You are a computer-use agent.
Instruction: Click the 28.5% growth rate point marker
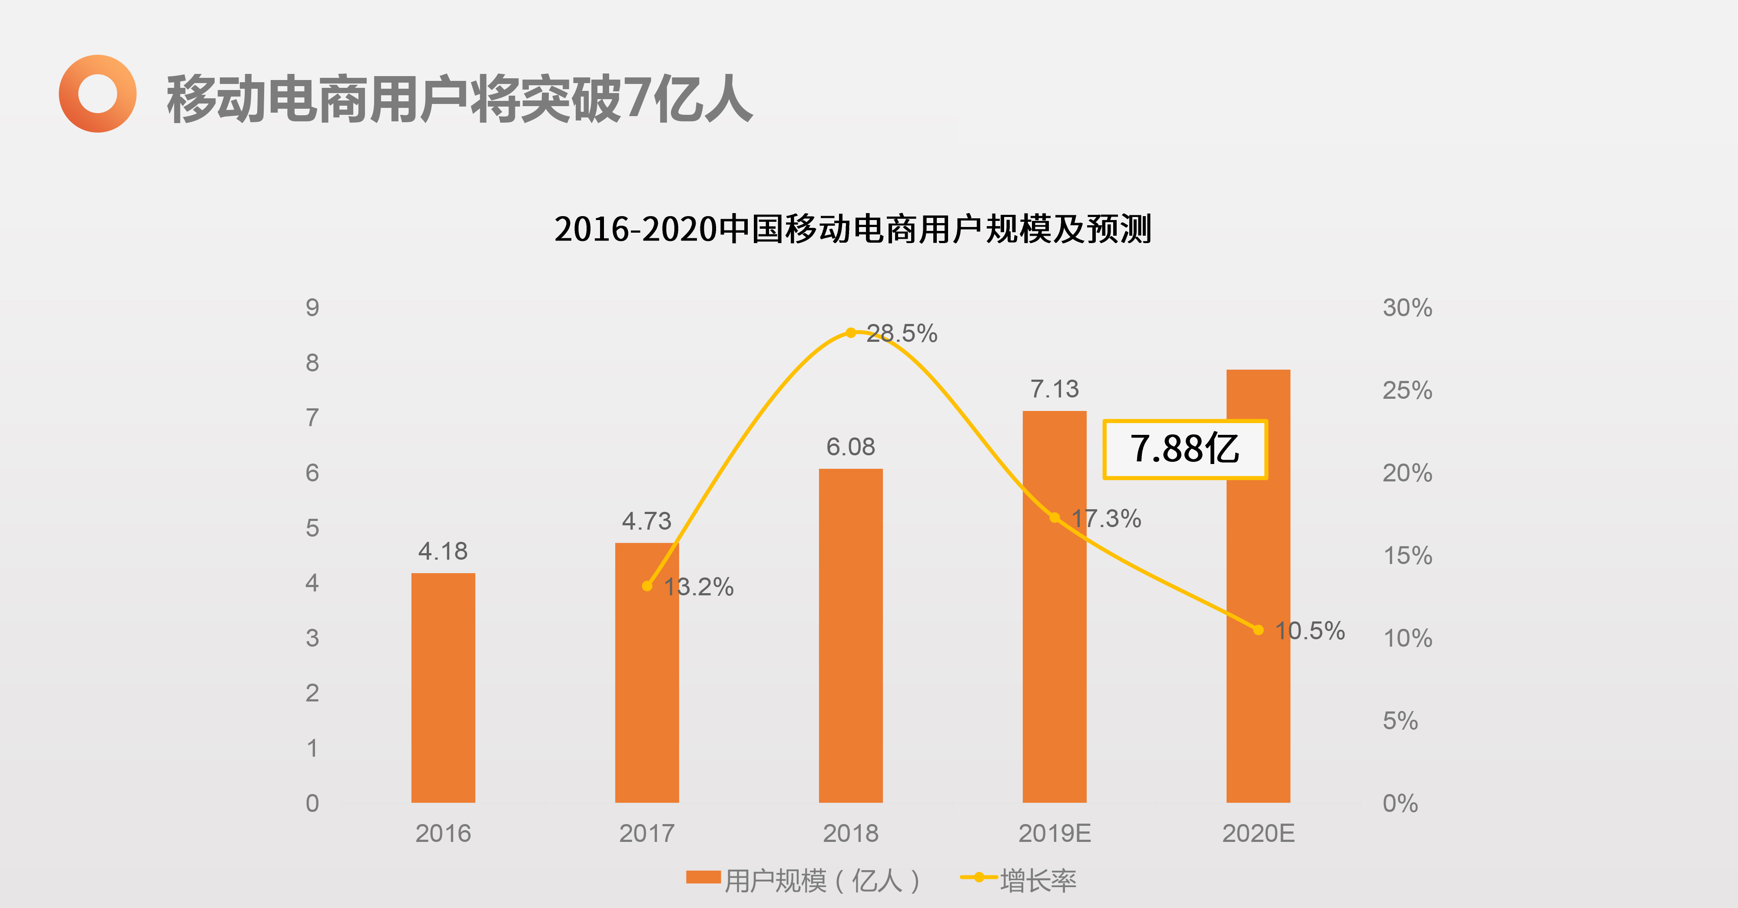pyautogui.click(x=851, y=333)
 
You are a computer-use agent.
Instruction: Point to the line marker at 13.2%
pyautogui.click(x=647, y=586)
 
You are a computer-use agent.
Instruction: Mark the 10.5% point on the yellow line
pyautogui.click(x=1258, y=630)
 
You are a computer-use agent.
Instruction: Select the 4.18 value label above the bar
pyautogui.click(x=443, y=551)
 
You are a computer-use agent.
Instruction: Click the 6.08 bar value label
pyautogui.click(x=851, y=447)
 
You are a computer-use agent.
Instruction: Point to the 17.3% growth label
pyautogui.click(x=1107, y=518)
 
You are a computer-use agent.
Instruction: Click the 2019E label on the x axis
pyautogui.click(x=1055, y=834)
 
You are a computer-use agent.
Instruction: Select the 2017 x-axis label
pyautogui.click(x=647, y=834)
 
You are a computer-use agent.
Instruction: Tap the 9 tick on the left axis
pyautogui.click(x=312, y=308)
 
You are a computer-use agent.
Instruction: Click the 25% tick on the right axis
pyautogui.click(x=1407, y=390)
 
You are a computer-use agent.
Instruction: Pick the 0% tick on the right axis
pyautogui.click(x=1401, y=803)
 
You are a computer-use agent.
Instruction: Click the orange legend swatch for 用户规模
pyautogui.click(x=703, y=877)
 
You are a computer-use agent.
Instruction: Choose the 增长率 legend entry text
pyautogui.click(x=1038, y=880)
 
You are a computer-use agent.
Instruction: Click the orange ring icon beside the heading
pyautogui.click(x=98, y=94)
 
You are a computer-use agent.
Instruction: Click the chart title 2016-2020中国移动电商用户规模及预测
pyautogui.click(x=853, y=229)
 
